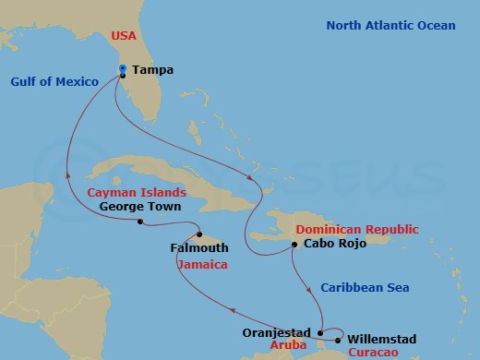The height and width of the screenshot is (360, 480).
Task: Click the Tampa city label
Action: tap(153, 69)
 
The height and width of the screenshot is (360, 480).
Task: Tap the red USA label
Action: tap(123, 36)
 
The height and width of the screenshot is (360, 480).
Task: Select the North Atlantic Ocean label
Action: tap(390, 25)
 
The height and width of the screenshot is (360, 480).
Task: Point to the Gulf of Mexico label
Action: tap(54, 81)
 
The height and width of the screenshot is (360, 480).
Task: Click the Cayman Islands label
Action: tap(137, 193)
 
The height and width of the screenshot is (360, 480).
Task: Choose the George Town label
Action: tap(137, 207)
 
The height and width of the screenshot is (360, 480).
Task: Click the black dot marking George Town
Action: tap(139, 222)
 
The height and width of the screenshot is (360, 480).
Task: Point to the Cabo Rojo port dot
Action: tap(294, 245)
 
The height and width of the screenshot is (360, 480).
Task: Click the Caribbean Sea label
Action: tap(365, 288)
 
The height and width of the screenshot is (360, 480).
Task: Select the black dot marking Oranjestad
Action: tap(319, 332)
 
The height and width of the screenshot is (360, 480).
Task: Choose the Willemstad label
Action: tap(382, 339)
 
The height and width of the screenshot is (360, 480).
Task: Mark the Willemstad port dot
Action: tap(338, 341)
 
